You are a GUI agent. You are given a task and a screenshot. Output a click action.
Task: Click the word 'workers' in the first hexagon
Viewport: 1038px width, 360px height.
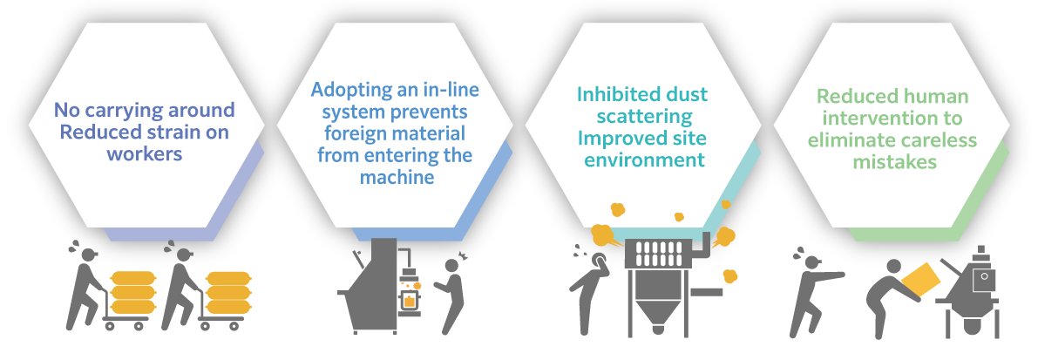coord(145,153)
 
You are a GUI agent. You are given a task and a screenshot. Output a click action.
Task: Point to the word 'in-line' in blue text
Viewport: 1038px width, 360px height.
coord(451,90)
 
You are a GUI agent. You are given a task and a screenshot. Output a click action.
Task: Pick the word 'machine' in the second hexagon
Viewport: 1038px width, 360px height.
coord(396,178)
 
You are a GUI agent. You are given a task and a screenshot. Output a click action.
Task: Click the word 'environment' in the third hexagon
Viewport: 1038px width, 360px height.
coord(644,160)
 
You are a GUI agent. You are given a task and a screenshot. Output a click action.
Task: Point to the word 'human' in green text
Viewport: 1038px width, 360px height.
coord(933,97)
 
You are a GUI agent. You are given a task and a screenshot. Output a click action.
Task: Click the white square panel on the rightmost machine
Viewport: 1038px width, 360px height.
coord(985,278)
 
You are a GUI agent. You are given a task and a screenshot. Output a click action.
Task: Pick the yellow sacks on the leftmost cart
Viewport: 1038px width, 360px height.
coord(132,290)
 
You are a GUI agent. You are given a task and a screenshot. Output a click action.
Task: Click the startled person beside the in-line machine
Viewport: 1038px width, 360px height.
coord(452,291)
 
